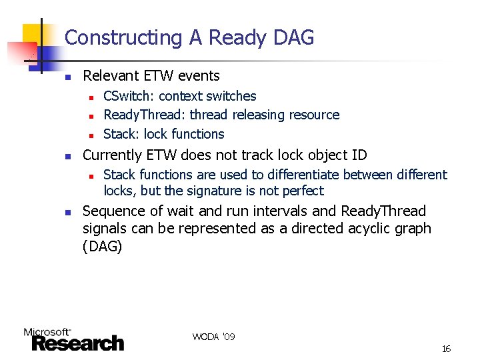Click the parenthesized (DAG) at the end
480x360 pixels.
pyautogui.click(x=102, y=246)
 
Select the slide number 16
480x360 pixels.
pyautogui.click(x=446, y=349)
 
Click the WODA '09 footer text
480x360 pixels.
pyautogui.click(x=213, y=337)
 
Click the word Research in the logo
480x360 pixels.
pyautogui.click(x=78, y=343)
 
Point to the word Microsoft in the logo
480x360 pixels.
pyautogui.click(x=47, y=331)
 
